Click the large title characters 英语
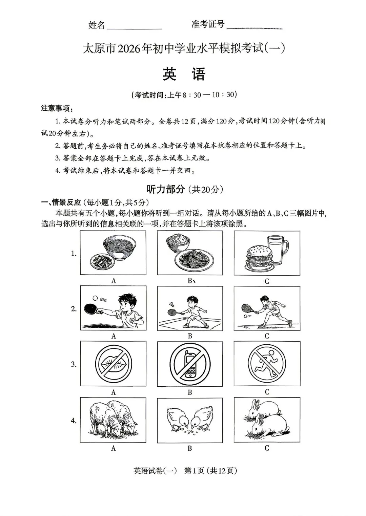point(184,74)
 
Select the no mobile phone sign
point(190,364)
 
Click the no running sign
point(267,363)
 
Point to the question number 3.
point(74,364)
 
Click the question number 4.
point(74,421)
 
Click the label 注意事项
point(56,108)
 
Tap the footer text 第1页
point(194,471)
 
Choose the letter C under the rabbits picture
point(267,448)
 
